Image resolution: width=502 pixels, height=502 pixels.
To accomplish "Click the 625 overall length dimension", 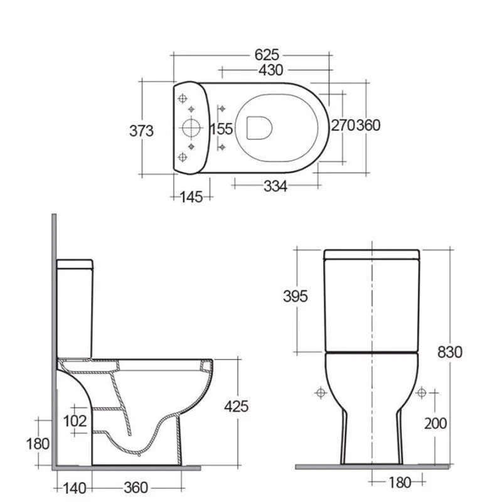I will tap(267, 55).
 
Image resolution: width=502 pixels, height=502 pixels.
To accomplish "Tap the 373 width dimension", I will tap(141, 131).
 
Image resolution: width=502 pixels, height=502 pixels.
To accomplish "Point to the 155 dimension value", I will tap(222, 129).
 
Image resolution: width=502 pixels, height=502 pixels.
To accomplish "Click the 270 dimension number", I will tap(343, 125).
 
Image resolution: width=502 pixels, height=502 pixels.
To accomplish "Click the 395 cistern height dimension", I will tap(295, 296).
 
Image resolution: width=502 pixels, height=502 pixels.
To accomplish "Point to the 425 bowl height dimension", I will tap(236, 406).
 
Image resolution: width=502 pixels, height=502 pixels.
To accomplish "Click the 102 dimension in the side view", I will tap(75, 420).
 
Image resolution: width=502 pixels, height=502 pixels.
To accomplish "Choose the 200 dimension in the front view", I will tap(435, 424).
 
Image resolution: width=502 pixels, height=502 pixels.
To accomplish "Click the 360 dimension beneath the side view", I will tap(136, 488).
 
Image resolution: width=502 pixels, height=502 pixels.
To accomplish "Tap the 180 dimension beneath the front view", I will tap(399, 483).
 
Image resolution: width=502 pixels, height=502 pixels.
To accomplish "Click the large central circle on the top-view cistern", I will tap(190, 128).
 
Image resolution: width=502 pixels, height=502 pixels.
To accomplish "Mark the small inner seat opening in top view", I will tap(259, 127).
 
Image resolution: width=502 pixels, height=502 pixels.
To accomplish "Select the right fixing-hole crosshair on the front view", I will tap(422, 393).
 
